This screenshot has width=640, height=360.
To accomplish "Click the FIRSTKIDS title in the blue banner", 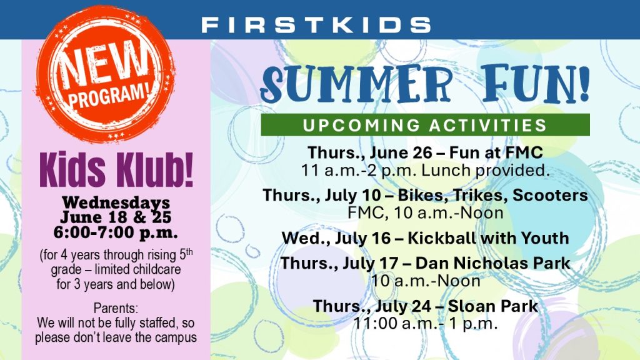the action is [316, 25].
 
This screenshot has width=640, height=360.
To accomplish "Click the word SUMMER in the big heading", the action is [357, 84].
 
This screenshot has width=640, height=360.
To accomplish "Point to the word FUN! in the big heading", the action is [536, 83].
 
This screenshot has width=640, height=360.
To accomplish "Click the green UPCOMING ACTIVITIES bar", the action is [425, 125].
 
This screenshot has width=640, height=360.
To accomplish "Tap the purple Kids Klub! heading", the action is [116, 169].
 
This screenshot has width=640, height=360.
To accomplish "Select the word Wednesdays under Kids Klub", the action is [116, 202].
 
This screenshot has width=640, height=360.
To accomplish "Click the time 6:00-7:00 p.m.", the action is [116, 232].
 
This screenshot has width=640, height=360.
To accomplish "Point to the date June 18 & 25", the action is [116, 217].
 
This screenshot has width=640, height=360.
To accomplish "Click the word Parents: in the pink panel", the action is [116, 307].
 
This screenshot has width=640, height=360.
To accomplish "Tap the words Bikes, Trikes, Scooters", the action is [492, 196].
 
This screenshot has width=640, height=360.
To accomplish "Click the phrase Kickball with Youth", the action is [488, 238].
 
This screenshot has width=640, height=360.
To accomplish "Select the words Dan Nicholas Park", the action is [492, 263].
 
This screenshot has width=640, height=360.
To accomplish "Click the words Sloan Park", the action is [492, 306].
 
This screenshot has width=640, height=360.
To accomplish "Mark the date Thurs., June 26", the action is [370, 153].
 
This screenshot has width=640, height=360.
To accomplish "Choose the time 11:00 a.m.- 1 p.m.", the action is [425, 324].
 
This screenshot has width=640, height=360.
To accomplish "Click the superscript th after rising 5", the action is [189, 252].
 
